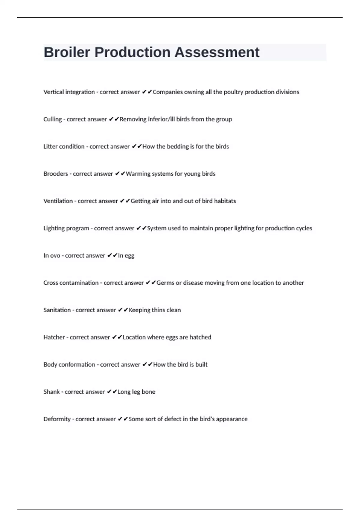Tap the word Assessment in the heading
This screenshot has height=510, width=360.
(x=217, y=52)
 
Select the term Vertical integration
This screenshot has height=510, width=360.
(x=69, y=92)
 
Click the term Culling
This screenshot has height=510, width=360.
(x=52, y=119)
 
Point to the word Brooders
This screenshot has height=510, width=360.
(x=56, y=174)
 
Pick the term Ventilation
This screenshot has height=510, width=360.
(x=58, y=201)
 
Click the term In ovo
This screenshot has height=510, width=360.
(x=52, y=256)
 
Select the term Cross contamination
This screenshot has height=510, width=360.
(x=71, y=283)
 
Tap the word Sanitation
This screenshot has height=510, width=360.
(x=57, y=310)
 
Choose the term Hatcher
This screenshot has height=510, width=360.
(x=54, y=337)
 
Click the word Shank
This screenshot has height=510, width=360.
(x=52, y=392)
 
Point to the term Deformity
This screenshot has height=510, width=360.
(x=57, y=419)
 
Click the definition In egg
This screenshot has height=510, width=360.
(x=126, y=256)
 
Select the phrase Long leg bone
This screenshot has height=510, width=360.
(x=136, y=392)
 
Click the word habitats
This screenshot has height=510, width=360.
(x=225, y=201)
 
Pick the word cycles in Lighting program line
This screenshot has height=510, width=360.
(x=304, y=228)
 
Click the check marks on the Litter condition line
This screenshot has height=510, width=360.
(x=136, y=147)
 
